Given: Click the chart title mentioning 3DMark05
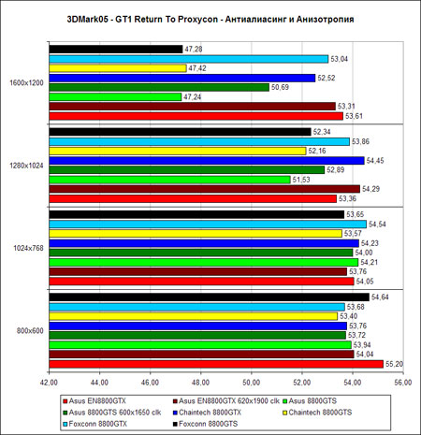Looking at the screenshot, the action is click(x=210, y=20).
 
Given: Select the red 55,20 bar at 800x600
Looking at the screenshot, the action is click(x=216, y=364).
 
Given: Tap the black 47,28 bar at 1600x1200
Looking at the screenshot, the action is click(x=116, y=50).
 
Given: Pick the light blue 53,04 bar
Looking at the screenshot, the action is click(x=189, y=59).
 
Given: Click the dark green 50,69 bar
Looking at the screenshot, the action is click(x=159, y=87).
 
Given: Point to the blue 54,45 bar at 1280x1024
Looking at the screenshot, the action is click(x=207, y=161).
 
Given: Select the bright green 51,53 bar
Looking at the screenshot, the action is click(x=169, y=180).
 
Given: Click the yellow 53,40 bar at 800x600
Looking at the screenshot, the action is click(x=194, y=316).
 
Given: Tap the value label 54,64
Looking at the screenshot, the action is click(x=380, y=297).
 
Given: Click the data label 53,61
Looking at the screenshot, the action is click(x=354, y=116).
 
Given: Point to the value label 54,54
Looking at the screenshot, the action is click(x=377, y=225).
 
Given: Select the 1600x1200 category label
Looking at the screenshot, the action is click(x=26, y=83).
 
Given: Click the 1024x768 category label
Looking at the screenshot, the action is click(x=28, y=249).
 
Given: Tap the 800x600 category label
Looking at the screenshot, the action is click(x=30, y=331).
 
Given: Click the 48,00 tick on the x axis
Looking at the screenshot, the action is click(x=201, y=383).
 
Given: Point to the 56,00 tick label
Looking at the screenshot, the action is click(x=403, y=383).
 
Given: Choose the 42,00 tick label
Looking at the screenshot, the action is click(x=49, y=383).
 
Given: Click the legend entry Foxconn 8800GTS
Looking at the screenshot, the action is click(x=205, y=424).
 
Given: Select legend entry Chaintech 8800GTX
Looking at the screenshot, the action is click(x=207, y=413).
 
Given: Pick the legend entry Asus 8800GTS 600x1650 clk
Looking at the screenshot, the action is click(x=112, y=413).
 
